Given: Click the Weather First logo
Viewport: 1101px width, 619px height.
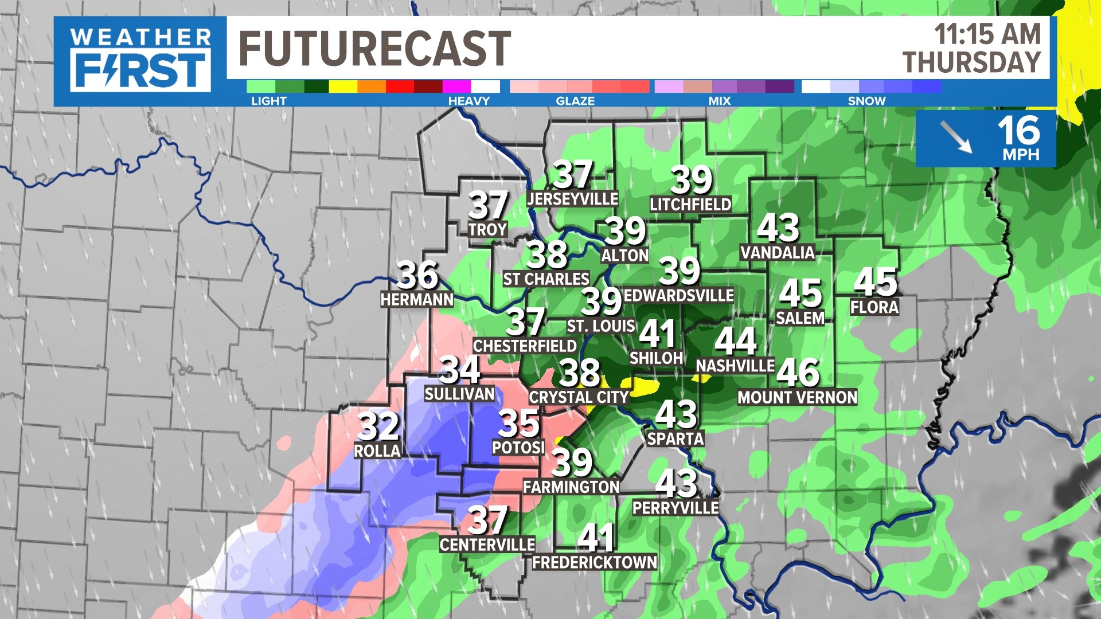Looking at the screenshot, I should point(140,60).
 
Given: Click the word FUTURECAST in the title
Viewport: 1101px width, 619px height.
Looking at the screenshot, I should point(374,49).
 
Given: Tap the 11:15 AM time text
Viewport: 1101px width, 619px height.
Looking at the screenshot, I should point(987,34).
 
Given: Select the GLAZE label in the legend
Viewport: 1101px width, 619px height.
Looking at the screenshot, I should point(575,101).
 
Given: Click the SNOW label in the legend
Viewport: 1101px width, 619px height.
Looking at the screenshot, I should point(866,101).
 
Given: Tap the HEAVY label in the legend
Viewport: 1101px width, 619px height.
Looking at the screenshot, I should point(468,101).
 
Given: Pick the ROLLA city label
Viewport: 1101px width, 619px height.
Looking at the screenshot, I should point(377,451).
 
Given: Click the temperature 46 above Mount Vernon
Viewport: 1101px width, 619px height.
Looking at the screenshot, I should point(798,373).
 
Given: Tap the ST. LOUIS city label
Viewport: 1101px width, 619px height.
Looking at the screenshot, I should point(600,326).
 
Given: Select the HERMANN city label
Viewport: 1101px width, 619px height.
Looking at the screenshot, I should point(417,299).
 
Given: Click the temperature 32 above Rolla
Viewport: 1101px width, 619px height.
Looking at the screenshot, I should point(378,426).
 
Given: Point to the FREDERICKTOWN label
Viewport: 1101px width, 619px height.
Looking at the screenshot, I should point(595,562).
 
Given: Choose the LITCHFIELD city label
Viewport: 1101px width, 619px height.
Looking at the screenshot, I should point(690,205).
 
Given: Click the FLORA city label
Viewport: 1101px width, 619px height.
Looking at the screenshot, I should point(874,307).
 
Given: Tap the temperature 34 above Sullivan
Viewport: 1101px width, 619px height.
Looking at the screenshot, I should point(459,370).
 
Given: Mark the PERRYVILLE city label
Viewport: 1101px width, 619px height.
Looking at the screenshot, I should point(676,508).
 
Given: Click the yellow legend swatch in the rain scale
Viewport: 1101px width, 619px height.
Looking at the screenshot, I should point(343,87).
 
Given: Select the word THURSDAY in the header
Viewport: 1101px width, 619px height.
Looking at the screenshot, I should point(971,62).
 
